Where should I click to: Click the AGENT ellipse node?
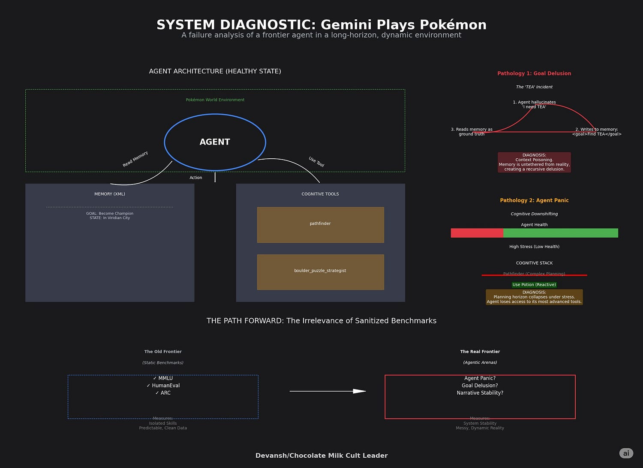click(215, 142)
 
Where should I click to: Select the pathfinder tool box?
click(320, 224)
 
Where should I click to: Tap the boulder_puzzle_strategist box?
click(320, 272)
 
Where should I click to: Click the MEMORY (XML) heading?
click(110, 194)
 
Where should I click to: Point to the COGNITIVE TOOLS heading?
click(320, 194)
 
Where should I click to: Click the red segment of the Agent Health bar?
click(477, 233)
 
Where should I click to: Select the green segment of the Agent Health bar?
click(560, 233)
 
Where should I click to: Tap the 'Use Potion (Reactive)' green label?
click(534, 284)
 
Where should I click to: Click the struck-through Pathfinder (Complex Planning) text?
click(534, 274)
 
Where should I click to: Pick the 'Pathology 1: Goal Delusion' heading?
click(534, 73)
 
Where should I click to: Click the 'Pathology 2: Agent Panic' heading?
click(534, 200)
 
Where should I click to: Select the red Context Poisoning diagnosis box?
click(534, 162)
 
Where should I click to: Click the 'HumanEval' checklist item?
click(163, 386)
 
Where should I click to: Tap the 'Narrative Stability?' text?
click(480, 393)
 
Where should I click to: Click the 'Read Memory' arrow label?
click(135, 159)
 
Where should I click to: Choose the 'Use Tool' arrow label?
click(316, 162)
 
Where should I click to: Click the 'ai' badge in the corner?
click(626, 453)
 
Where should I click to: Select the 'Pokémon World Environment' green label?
click(215, 100)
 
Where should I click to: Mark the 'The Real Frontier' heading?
click(480, 352)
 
